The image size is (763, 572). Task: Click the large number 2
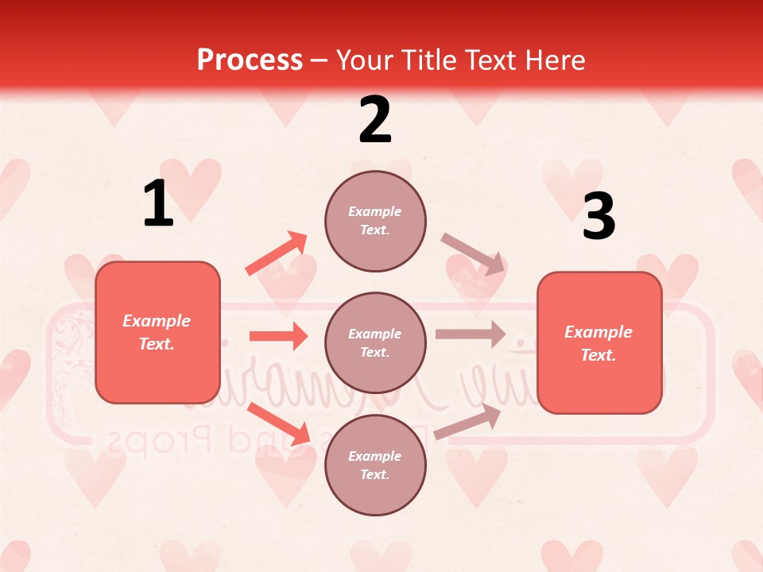click(x=375, y=120)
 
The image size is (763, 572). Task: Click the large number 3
click(x=598, y=216)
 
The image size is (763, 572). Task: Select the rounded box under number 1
click(x=157, y=332)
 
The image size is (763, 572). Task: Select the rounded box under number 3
click(x=599, y=343)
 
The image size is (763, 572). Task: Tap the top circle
click(x=375, y=221)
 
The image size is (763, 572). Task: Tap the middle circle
click(x=375, y=343)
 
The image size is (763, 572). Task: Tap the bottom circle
click(x=375, y=466)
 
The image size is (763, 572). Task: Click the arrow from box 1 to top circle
click(x=277, y=253)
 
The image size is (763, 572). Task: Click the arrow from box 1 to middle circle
click(x=278, y=336)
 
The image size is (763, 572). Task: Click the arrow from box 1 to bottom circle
click(x=278, y=423)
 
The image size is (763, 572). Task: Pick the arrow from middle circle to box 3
click(x=471, y=334)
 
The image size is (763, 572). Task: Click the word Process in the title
click(x=250, y=60)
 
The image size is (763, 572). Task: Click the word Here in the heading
click(x=555, y=60)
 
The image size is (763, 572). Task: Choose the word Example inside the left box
click(x=157, y=321)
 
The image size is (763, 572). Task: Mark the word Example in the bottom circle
click(x=374, y=456)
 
